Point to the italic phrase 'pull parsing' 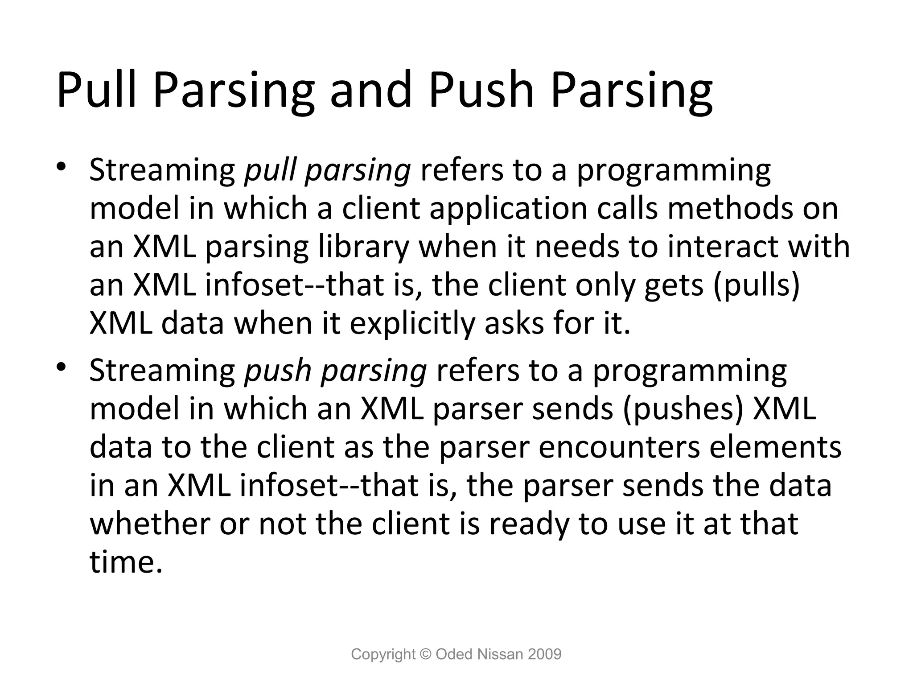[327, 171]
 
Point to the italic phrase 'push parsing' [335, 371]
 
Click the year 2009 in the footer [544, 654]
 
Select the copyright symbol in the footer [426, 654]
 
